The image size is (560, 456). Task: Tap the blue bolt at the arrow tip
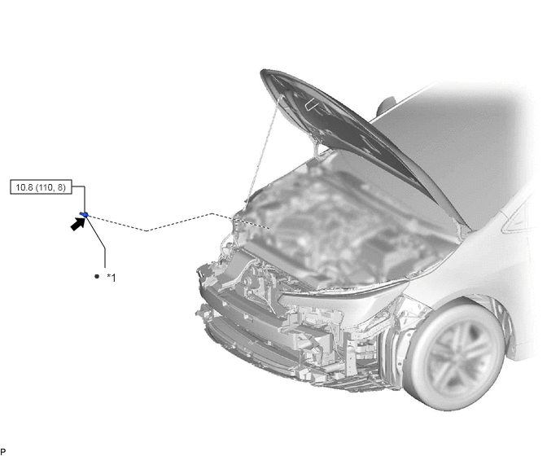(x=85, y=214)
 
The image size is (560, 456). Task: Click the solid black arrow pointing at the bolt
(x=77, y=224)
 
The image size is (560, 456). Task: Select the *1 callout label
(x=112, y=278)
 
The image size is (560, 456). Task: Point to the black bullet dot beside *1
(x=97, y=276)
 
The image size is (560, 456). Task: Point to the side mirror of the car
(x=387, y=106)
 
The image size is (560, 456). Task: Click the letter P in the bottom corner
(x=3, y=452)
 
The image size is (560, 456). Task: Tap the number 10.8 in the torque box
(x=24, y=187)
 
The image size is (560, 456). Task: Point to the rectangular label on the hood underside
(x=313, y=103)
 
